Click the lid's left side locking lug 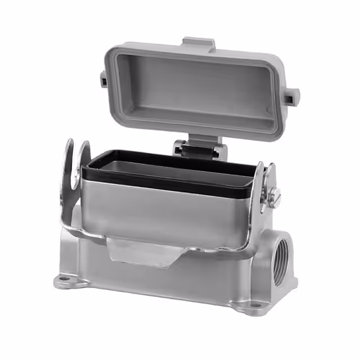pos(104,80)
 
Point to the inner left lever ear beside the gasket pos(84,155)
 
